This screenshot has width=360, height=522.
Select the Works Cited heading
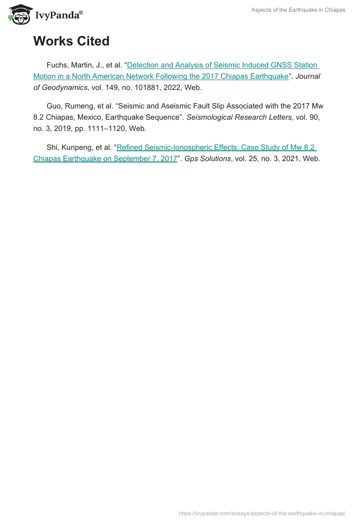coord(71,41)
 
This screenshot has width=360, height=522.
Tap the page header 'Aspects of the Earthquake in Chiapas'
coord(298,10)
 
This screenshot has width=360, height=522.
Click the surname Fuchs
coord(57,65)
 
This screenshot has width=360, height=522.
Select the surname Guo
coord(54,106)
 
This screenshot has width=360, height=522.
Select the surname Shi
coord(53,148)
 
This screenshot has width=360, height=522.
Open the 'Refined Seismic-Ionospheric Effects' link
coord(216,148)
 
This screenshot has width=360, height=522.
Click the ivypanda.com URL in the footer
coord(262,513)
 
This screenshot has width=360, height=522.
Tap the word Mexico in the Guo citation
coord(87,117)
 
